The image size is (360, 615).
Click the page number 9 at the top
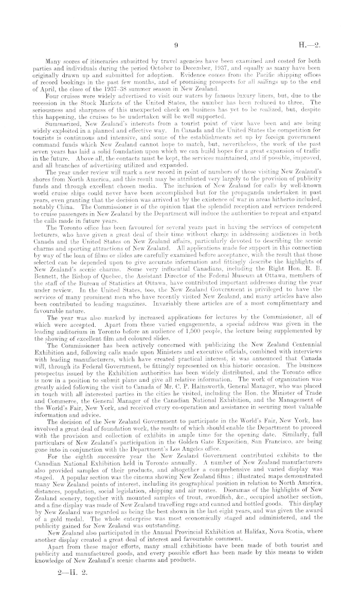pos(176,45)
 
